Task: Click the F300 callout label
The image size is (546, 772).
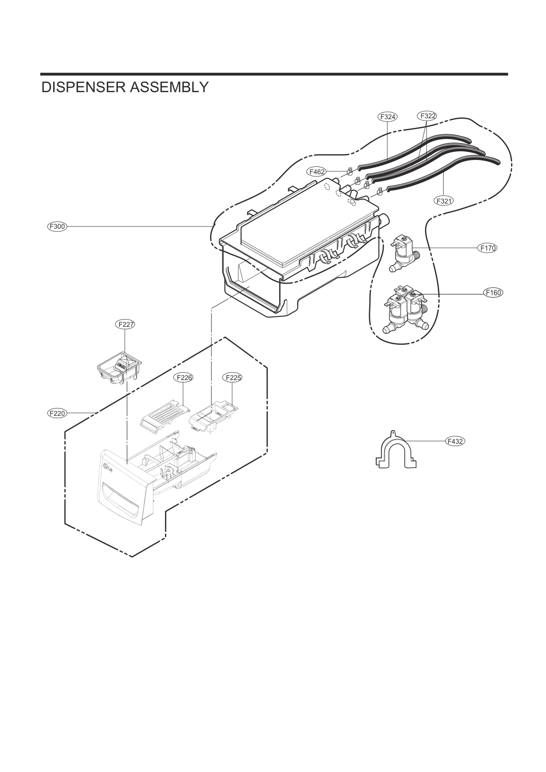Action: pyautogui.click(x=58, y=226)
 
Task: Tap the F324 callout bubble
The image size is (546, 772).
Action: pyautogui.click(x=387, y=117)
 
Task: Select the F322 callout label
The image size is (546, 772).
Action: pyautogui.click(x=427, y=116)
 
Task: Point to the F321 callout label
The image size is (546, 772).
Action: pyautogui.click(x=444, y=200)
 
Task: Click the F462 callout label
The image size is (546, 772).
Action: pyautogui.click(x=316, y=172)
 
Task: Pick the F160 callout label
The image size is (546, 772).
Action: pyautogui.click(x=494, y=292)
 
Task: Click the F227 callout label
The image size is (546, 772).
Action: pyautogui.click(x=125, y=325)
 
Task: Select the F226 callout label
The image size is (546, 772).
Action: pyautogui.click(x=183, y=378)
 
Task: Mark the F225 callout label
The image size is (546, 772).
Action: pyautogui.click(x=232, y=378)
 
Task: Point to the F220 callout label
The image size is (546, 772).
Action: pyautogui.click(x=58, y=413)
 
